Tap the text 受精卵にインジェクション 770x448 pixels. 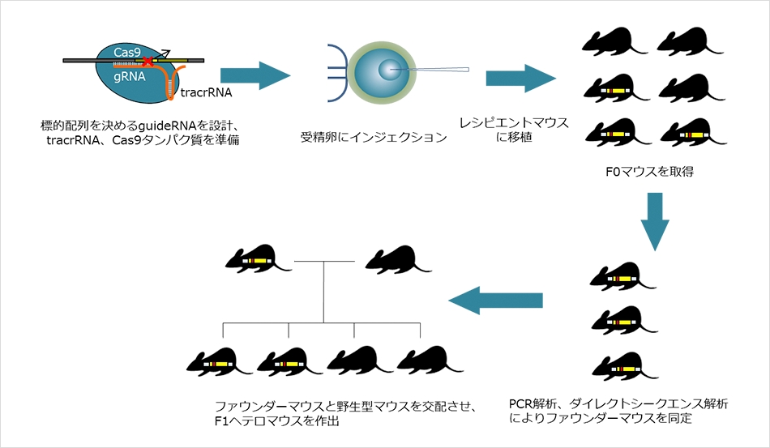pos(373,137)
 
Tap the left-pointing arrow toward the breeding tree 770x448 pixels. pos(495,301)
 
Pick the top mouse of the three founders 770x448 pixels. pos(622,275)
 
